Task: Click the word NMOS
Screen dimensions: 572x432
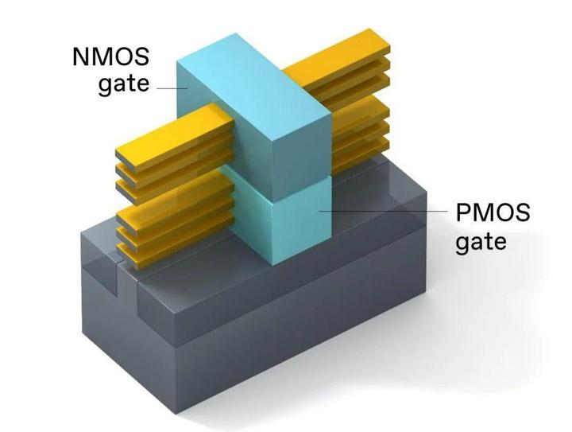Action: click(x=111, y=57)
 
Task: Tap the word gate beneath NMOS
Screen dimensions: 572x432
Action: click(x=124, y=85)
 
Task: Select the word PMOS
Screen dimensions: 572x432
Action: click(x=493, y=212)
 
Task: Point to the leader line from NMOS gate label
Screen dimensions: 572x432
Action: click(x=172, y=88)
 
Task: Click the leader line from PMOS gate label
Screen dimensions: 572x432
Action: click(x=383, y=211)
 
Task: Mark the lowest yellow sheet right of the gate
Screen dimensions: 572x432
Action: click(x=361, y=155)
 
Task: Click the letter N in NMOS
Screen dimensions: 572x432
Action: click(x=80, y=57)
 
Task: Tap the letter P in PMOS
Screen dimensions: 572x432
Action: click(x=462, y=212)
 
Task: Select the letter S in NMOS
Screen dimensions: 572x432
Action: click(x=141, y=57)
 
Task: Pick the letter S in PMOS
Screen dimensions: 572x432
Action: click(x=522, y=212)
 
